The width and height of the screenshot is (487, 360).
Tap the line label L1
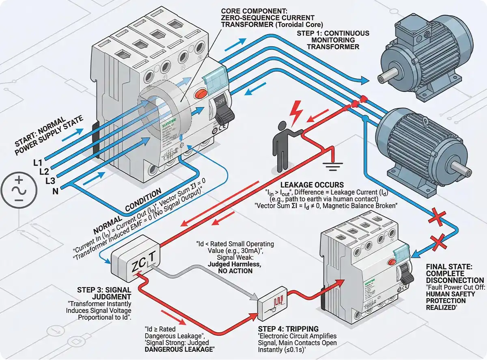pyautogui.click(x=38, y=163)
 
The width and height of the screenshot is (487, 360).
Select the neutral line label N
pyautogui.click(x=55, y=189)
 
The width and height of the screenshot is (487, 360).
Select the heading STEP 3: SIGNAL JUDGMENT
pyautogui.click(x=104, y=293)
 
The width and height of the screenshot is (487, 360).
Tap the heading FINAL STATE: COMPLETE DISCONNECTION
pyautogui.click(x=455, y=274)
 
